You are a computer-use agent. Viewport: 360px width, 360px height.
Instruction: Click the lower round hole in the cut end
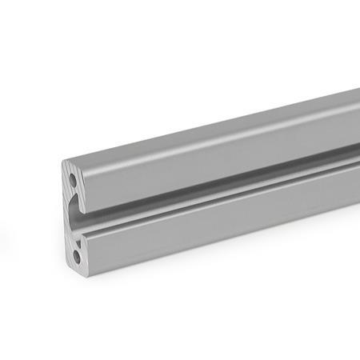76,257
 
